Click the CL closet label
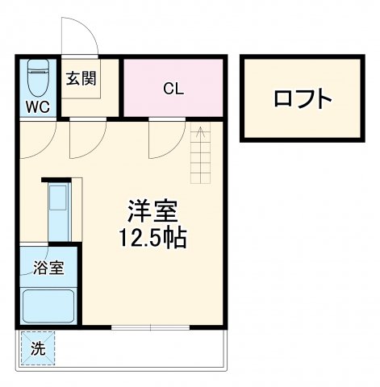click(173, 88)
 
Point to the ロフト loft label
click(303, 98)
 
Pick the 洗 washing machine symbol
click(38, 349)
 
